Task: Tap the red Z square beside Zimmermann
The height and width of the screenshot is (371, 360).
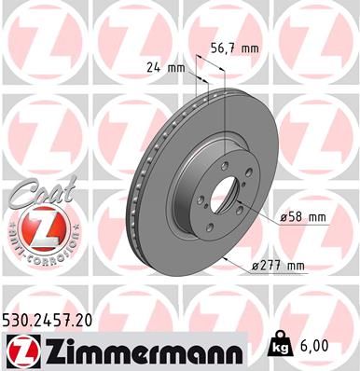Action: pos(21,350)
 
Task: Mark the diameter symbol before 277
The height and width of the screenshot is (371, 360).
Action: pos(256,266)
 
